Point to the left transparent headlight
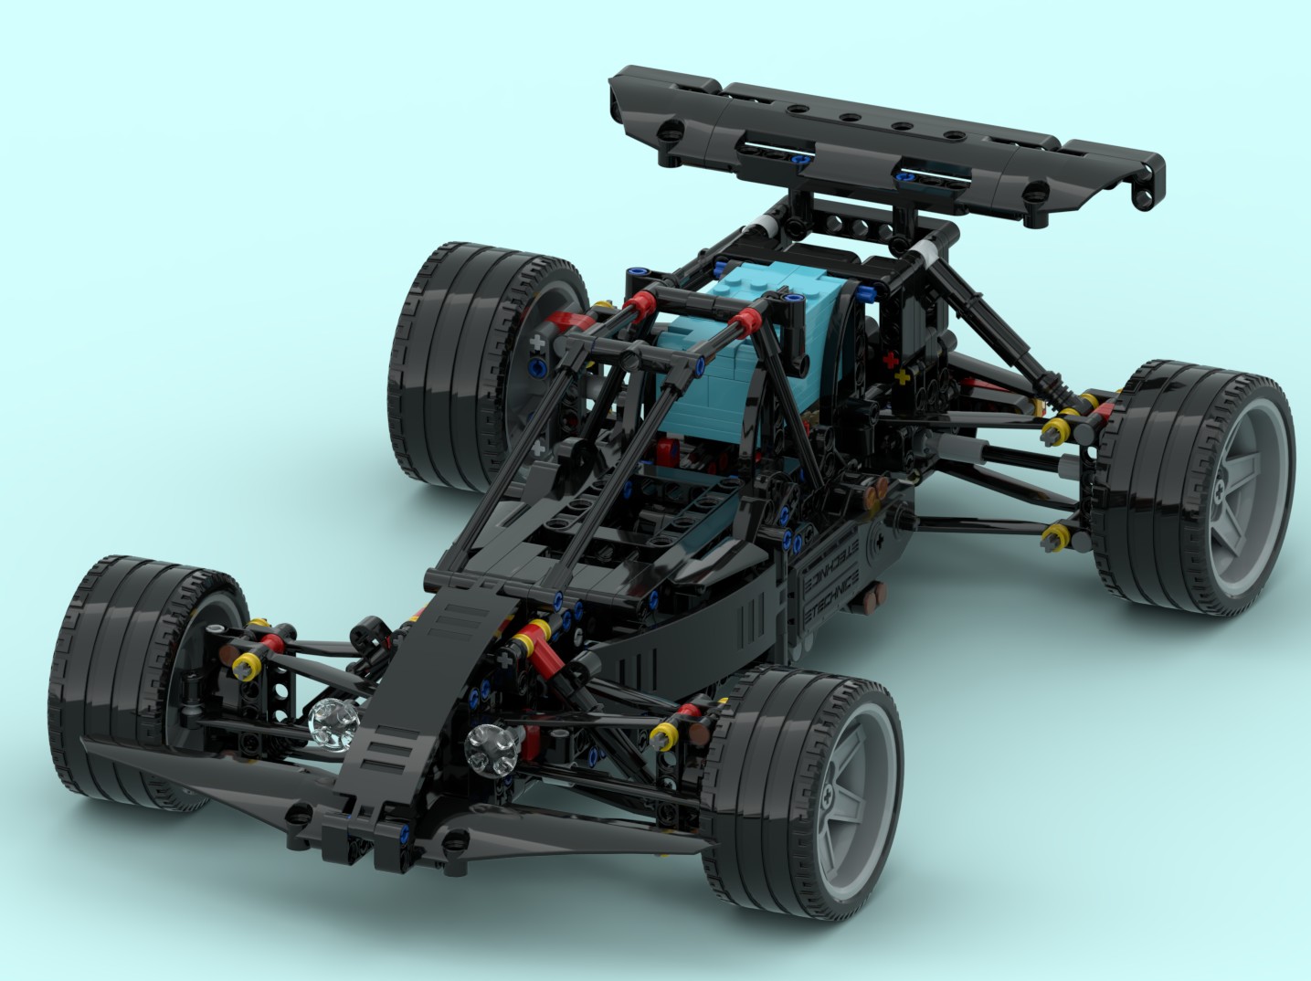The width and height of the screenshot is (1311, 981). click(x=329, y=722)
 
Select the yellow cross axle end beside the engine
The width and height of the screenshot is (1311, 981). click(x=904, y=376)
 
